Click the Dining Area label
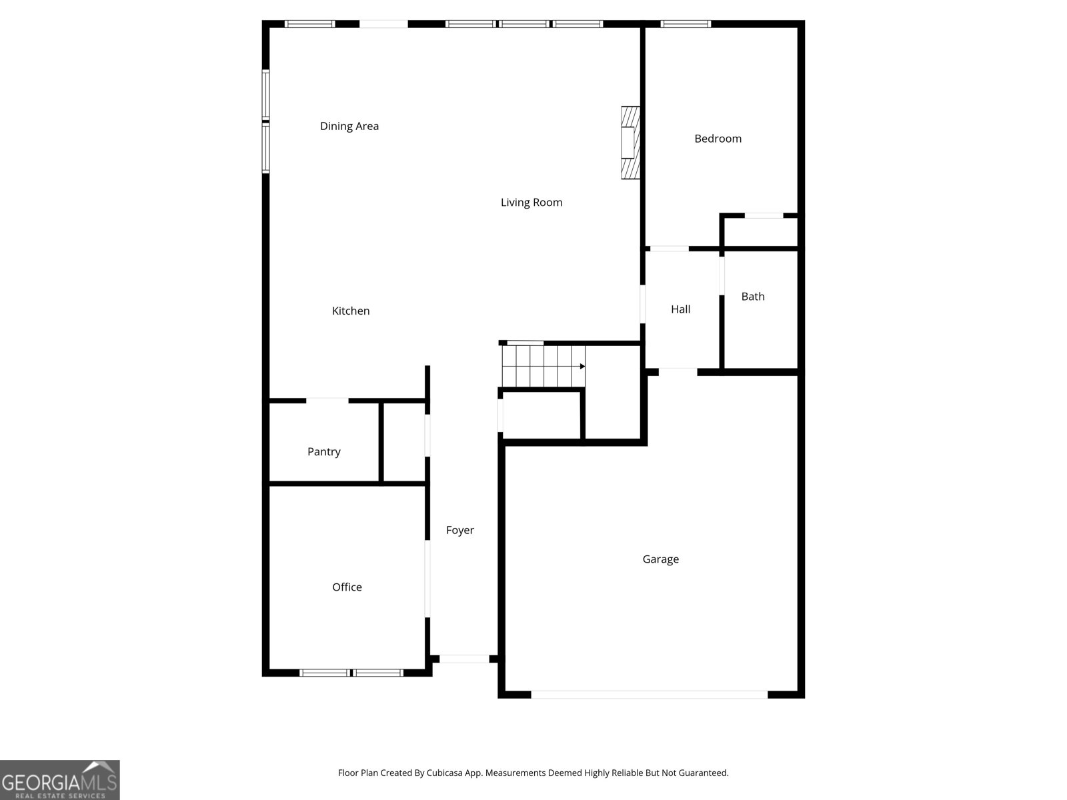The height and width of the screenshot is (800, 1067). pyautogui.click(x=349, y=126)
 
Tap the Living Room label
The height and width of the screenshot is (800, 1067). pyautogui.click(x=531, y=203)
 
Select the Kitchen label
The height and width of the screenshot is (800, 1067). pyautogui.click(x=351, y=311)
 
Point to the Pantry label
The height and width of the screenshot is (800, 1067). pyautogui.click(x=323, y=452)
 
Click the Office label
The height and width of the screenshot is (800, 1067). pyautogui.click(x=347, y=587)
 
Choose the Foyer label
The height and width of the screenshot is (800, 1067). pyautogui.click(x=460, y=531)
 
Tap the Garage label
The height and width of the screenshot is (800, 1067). pyautogui.click(x=661, y=559)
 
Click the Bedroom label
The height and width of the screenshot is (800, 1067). pyautogui.click(x=718, y=139)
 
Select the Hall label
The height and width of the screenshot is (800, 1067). pyautogui.click(x=681, y=309)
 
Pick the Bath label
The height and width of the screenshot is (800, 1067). pyautogui.click(x=752, y=297)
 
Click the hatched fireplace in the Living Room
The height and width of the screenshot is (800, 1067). pyautogui.click(x=630, y=143)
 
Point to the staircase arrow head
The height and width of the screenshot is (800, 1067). pyautogui.click(x=582, y=366)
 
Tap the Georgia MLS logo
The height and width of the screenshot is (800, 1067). pyautogui.click(x=60, y=780)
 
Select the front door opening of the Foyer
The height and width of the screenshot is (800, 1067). pyautogui.click(x=464, y=659)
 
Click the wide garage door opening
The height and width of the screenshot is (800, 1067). pyautogui.click(x=649, y=695)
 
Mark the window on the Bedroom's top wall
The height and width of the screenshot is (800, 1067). pyautogui.click(x=686, y=24)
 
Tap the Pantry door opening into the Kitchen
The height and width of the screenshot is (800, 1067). pyautogui.click(x=327, y=401)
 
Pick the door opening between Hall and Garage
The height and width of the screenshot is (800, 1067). pyautogui.click(x=678, y=372)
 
